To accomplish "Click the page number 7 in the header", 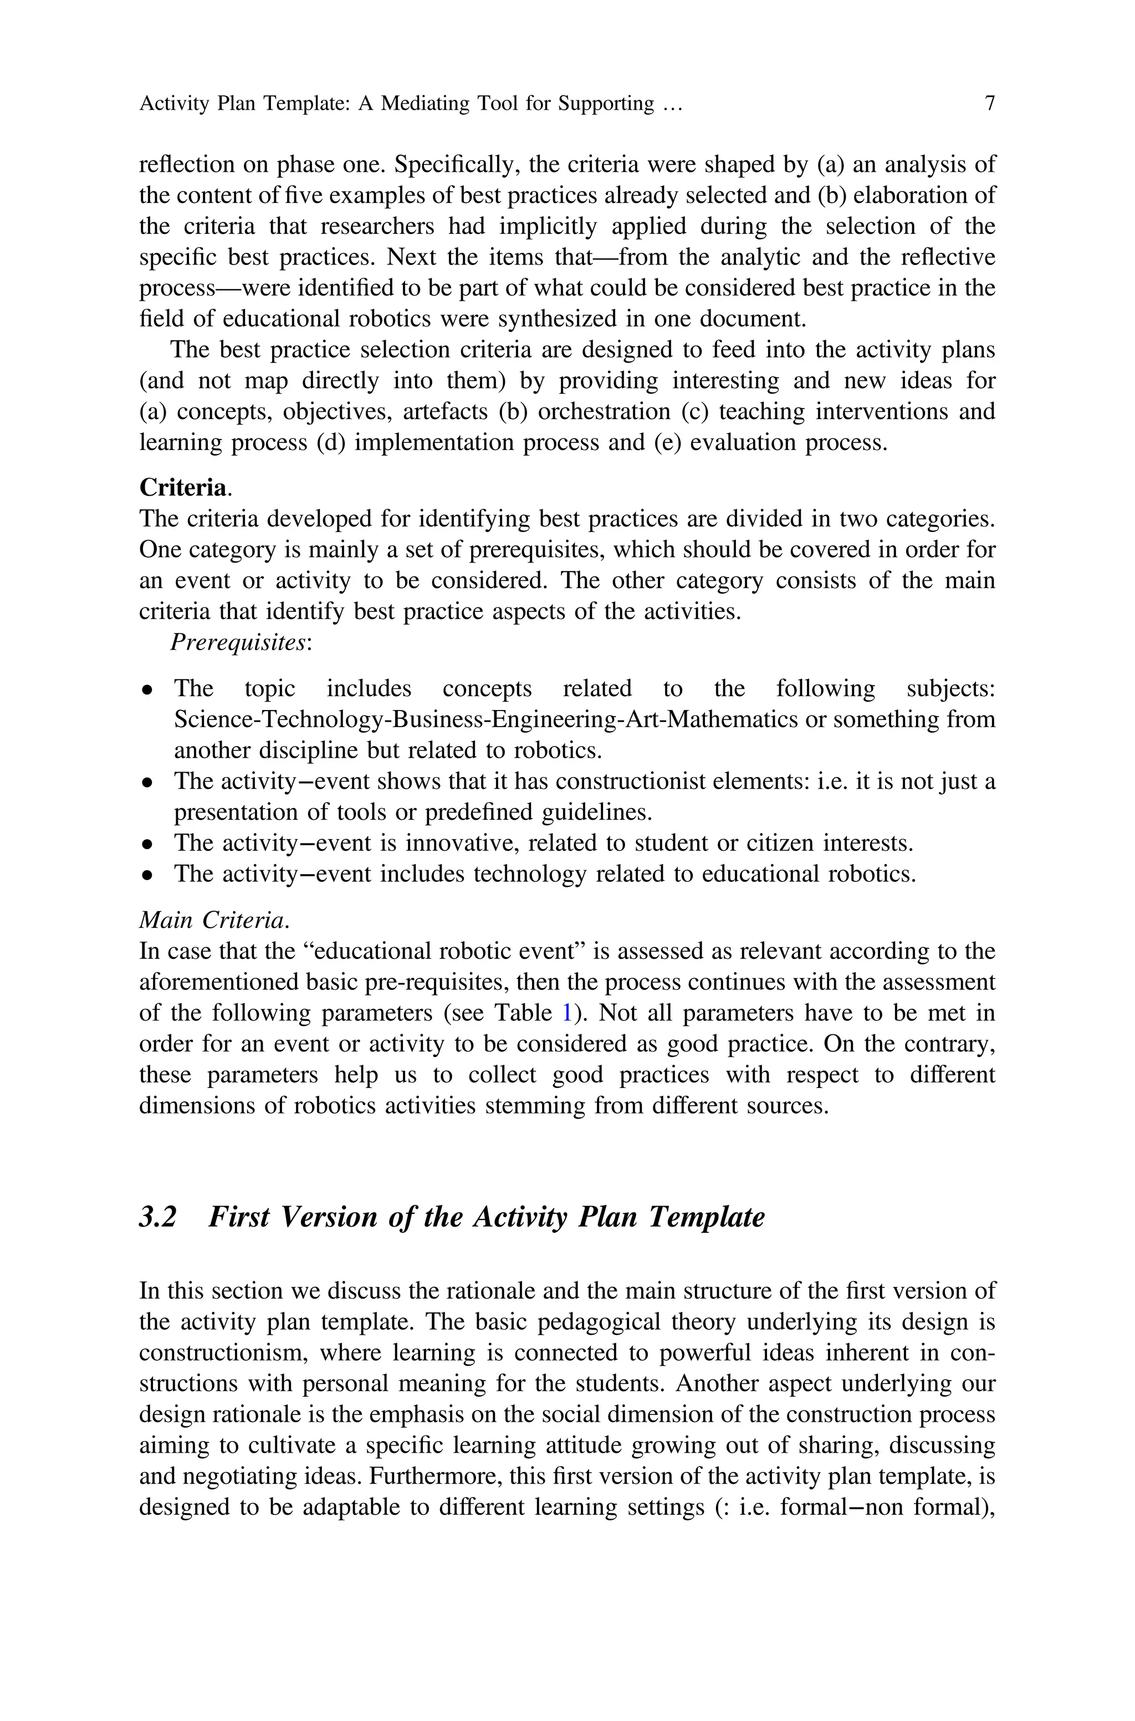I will [x=989, y=104].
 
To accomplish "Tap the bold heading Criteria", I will [x=182, y=488].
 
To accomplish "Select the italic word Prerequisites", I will [x=238, y=642].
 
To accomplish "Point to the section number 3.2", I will [x=158, y=1217].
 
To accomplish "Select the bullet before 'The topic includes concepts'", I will [x=147, y=690].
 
